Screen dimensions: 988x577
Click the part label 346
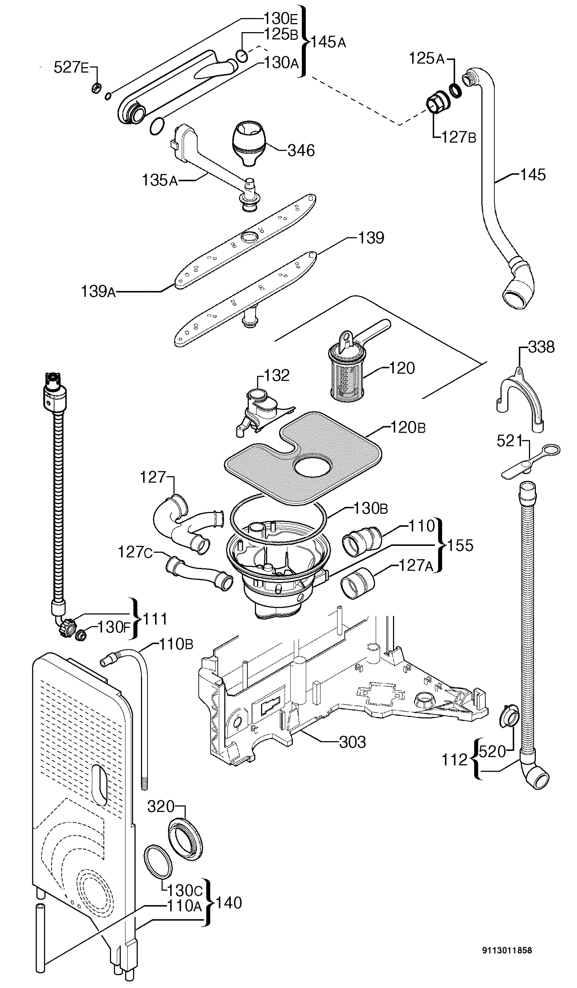pos(301,150)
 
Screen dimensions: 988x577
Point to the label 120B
pos(408,427)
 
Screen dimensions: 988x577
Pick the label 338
pos(541,347)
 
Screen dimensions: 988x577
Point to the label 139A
pos(98,291)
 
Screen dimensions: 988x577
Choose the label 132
pos(277,375)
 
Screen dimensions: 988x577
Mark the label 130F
pos(113,627)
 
